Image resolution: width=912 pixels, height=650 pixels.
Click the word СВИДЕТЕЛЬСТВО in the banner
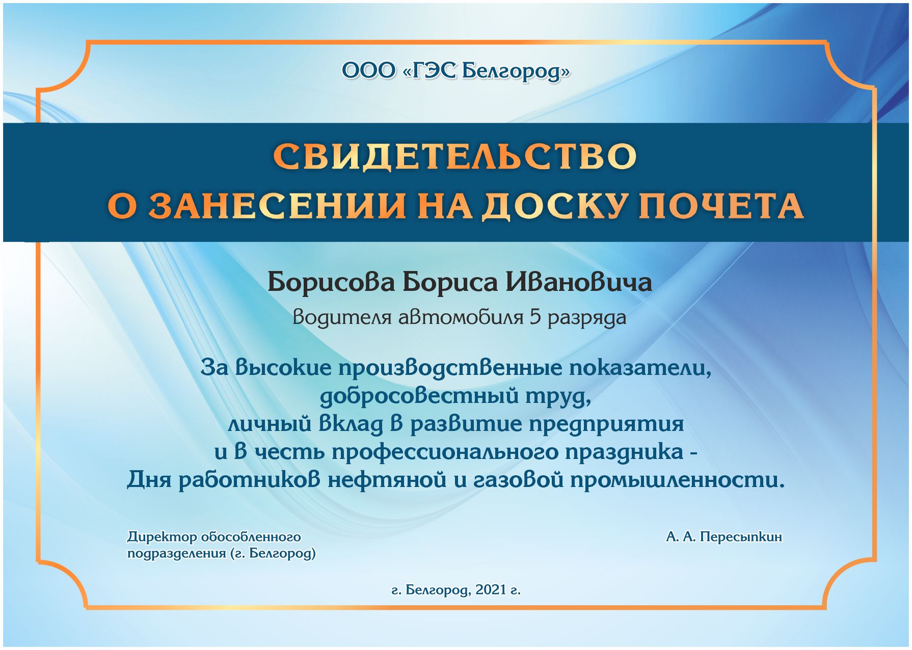click(455, 156)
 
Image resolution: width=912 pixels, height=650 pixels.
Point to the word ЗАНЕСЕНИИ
click(277, 206)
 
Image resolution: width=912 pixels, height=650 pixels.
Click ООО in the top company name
click(368, 71)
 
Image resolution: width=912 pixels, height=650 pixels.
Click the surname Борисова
click(331, 282)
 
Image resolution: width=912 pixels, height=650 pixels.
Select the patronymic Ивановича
click(578, 282)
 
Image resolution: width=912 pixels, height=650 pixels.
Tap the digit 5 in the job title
click(535, 317)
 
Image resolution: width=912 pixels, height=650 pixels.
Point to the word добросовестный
click(419, 396)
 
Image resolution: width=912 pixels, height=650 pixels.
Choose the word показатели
click(640, 368)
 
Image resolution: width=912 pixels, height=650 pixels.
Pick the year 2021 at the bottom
click(491, 590)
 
